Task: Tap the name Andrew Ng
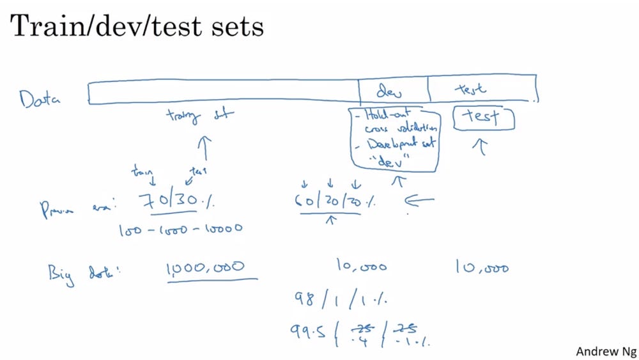point(604,351)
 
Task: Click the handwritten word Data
point(40,99)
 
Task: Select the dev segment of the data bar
point(393,90)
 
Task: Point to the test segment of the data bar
point(481,90)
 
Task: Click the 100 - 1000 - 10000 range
point(180,229)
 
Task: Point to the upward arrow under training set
point(205,148)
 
